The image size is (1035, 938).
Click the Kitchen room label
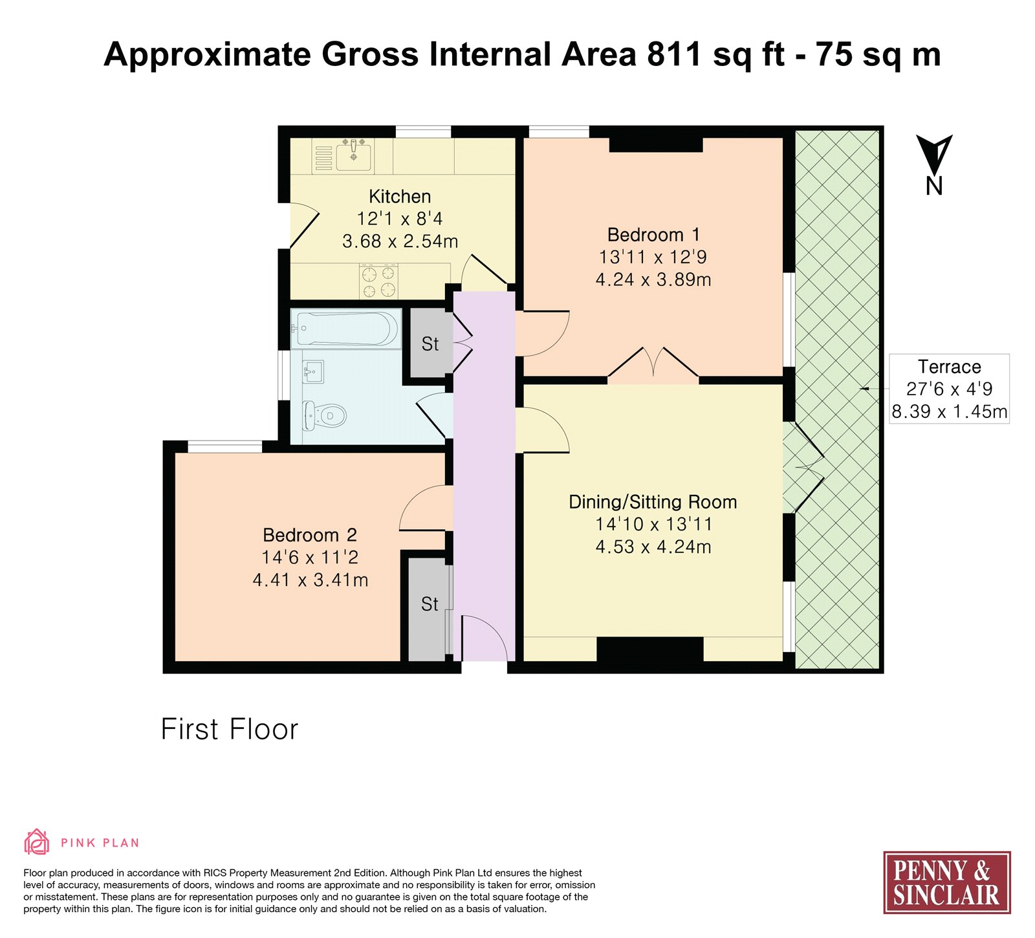400,196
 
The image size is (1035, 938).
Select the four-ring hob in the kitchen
378,281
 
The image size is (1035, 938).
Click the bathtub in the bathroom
346,329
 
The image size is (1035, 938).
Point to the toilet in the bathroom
325,415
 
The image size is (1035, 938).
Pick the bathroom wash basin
313,371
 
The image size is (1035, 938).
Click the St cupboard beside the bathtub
429,344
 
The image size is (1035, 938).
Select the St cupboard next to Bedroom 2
429,604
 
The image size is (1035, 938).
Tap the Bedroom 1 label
653,234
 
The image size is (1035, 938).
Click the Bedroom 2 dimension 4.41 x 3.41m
310,580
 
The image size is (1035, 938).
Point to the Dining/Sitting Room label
653,502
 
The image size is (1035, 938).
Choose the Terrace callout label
950,389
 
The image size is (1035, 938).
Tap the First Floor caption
230,729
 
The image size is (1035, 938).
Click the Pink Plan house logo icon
37,842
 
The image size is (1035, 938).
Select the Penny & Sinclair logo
947,882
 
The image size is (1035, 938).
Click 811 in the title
674,54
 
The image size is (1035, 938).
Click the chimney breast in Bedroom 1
656,144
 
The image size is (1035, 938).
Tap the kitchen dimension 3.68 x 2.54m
400,241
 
